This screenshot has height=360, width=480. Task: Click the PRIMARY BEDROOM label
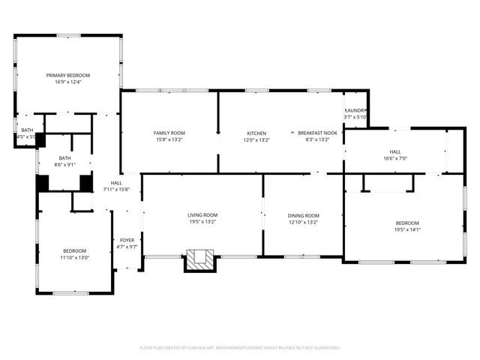click(67, 75)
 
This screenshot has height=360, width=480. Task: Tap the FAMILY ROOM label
click(169, 133)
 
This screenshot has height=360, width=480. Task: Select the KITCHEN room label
click(256, 133)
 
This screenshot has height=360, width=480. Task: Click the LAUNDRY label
click(355, 110)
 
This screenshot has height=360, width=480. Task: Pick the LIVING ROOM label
click(202, 215)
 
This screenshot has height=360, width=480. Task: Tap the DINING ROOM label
click(304, 215)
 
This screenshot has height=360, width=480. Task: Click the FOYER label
click(127, 240)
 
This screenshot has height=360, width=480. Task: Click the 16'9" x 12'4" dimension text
click(67, 82)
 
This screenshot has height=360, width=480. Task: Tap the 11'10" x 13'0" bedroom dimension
click(74, 257)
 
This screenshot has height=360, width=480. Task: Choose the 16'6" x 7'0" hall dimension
click(394, 158)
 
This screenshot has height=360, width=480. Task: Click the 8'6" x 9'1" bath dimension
click(64, 165)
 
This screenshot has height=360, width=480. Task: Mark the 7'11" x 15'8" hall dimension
click(116, 189)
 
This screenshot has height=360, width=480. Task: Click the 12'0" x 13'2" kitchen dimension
click(256, 139)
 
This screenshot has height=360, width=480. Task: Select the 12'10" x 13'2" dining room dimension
click(304, 222)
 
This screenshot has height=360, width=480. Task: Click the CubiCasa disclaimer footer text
click(240, 347)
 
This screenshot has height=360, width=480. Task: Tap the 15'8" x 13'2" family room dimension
click(169, 139)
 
